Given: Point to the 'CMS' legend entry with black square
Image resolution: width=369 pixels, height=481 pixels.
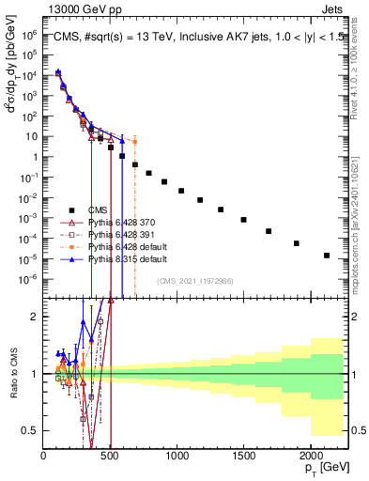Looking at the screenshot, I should point(99,209).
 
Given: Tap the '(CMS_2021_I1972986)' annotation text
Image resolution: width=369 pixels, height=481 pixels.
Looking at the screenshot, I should point(194,281).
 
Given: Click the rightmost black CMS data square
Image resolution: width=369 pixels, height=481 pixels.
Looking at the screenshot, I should point(327,256).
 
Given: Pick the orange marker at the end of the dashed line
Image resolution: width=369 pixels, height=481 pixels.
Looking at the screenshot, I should point(135,142).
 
